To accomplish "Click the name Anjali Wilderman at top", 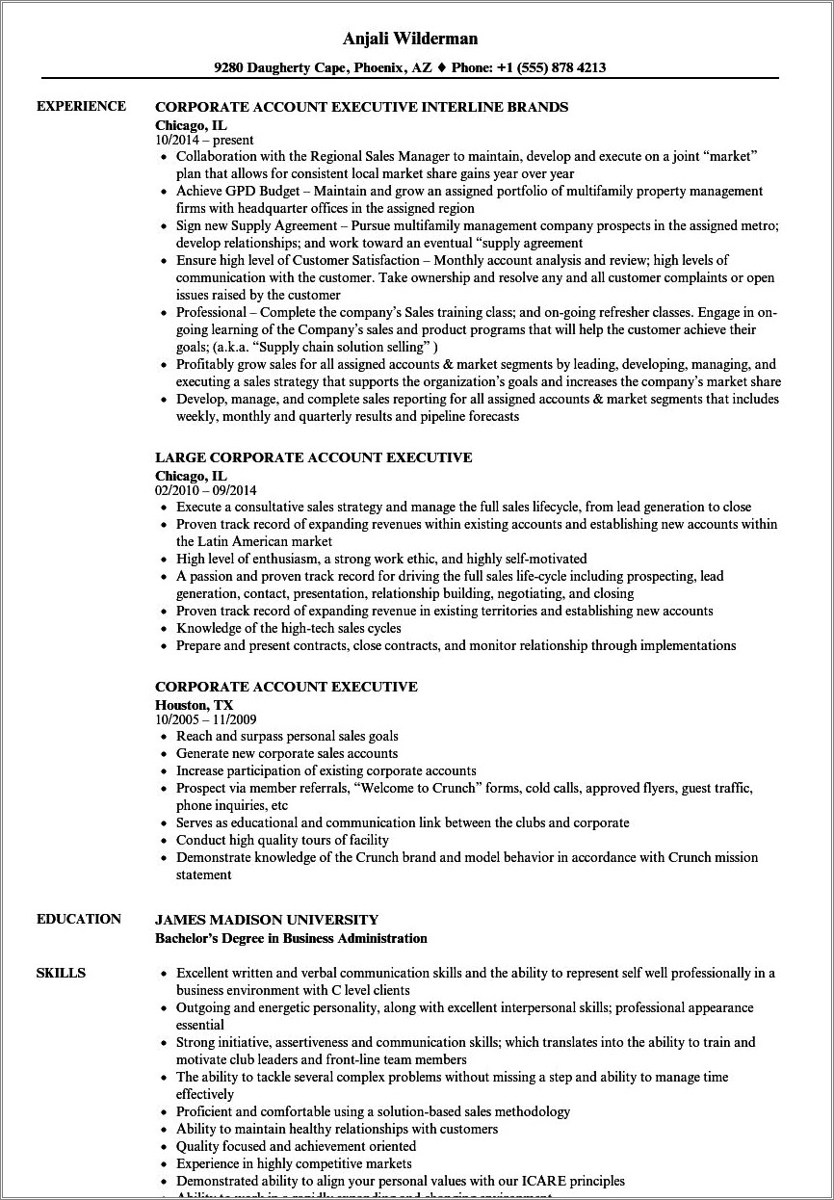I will click(417, 39).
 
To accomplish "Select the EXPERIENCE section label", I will click(81, 106).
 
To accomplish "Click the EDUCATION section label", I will click(79, 919).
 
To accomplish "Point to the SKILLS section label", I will click(61, 973).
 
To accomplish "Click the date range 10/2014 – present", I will click(204, 140).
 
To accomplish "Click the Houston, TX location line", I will click(194, 704).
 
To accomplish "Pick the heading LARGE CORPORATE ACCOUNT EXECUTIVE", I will click(313, 457).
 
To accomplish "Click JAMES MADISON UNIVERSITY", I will click(267, 920).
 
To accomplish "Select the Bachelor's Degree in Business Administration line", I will click(291, 937).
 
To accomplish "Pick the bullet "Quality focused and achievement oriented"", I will click(296, 1146).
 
